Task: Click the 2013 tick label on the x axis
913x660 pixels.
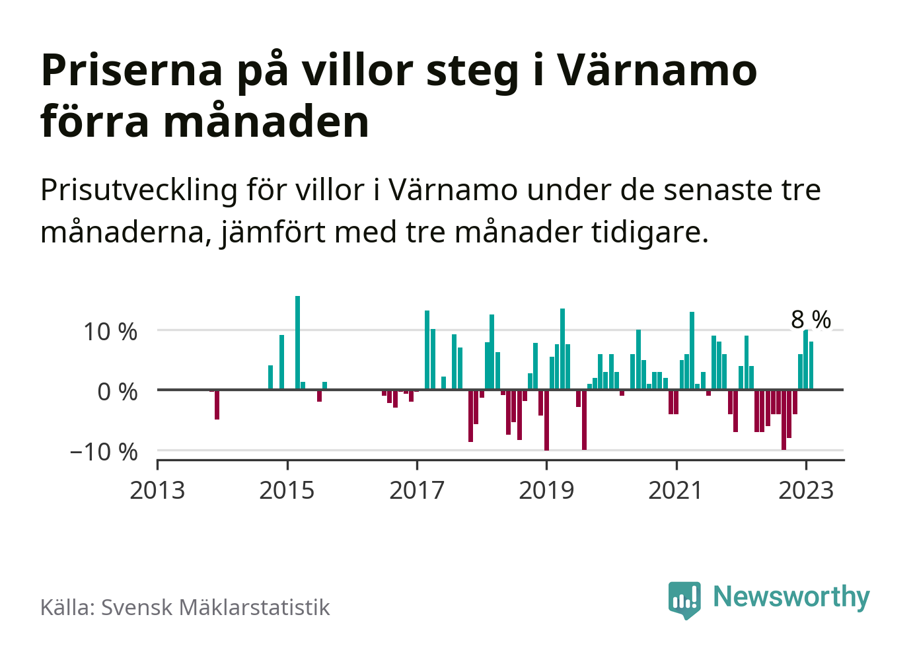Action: (x=157, y=490)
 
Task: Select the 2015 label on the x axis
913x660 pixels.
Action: (x=287, y=490)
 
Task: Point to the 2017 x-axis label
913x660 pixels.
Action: (x=417, y=490)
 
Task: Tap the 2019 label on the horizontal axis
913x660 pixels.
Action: (x=546, y=490)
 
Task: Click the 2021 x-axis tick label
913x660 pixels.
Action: (x=676, y=490)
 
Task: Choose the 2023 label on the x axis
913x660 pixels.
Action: (x=806, y=490)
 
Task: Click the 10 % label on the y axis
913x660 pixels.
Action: (x=110, y=332)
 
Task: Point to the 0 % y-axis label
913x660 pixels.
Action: (x=118, y=392)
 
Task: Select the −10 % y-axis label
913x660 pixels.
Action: (x=104, y=452)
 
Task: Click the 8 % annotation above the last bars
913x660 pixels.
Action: (x=811, y=320)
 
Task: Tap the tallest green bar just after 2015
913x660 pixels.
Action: (x=297, y=342)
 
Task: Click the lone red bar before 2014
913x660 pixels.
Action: (x=217, y=404)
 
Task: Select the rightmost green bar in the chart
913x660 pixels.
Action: (x=811, y=365)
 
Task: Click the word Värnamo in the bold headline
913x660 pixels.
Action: (x=657, y=70)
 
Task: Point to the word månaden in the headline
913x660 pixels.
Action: (x=266, y=122)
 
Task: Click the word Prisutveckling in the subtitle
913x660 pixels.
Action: (x=139, y=190)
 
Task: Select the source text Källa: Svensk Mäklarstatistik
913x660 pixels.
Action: (x=185, y=607)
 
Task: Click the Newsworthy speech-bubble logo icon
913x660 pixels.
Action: (x=684, y=599)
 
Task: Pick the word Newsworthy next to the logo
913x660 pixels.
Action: (x=791, y=597)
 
